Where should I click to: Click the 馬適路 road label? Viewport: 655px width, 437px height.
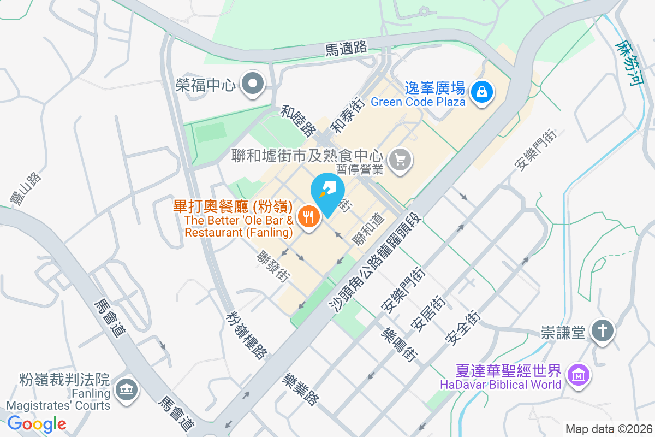[346, 49]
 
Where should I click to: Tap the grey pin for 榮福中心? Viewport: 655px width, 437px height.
[253, 84]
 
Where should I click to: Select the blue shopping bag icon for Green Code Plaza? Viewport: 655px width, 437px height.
[483, 91]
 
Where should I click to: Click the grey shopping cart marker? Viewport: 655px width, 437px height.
[401, 160]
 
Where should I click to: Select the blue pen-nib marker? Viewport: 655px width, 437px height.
[327, 190]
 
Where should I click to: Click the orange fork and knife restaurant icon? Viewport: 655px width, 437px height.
[309, 217]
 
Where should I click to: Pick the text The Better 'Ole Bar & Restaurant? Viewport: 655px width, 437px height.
[239, 226]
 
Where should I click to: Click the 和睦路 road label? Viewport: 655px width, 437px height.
[298, 121]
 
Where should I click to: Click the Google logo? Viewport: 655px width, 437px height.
[37, 423]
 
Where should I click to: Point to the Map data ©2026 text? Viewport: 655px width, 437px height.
[609, 429]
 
